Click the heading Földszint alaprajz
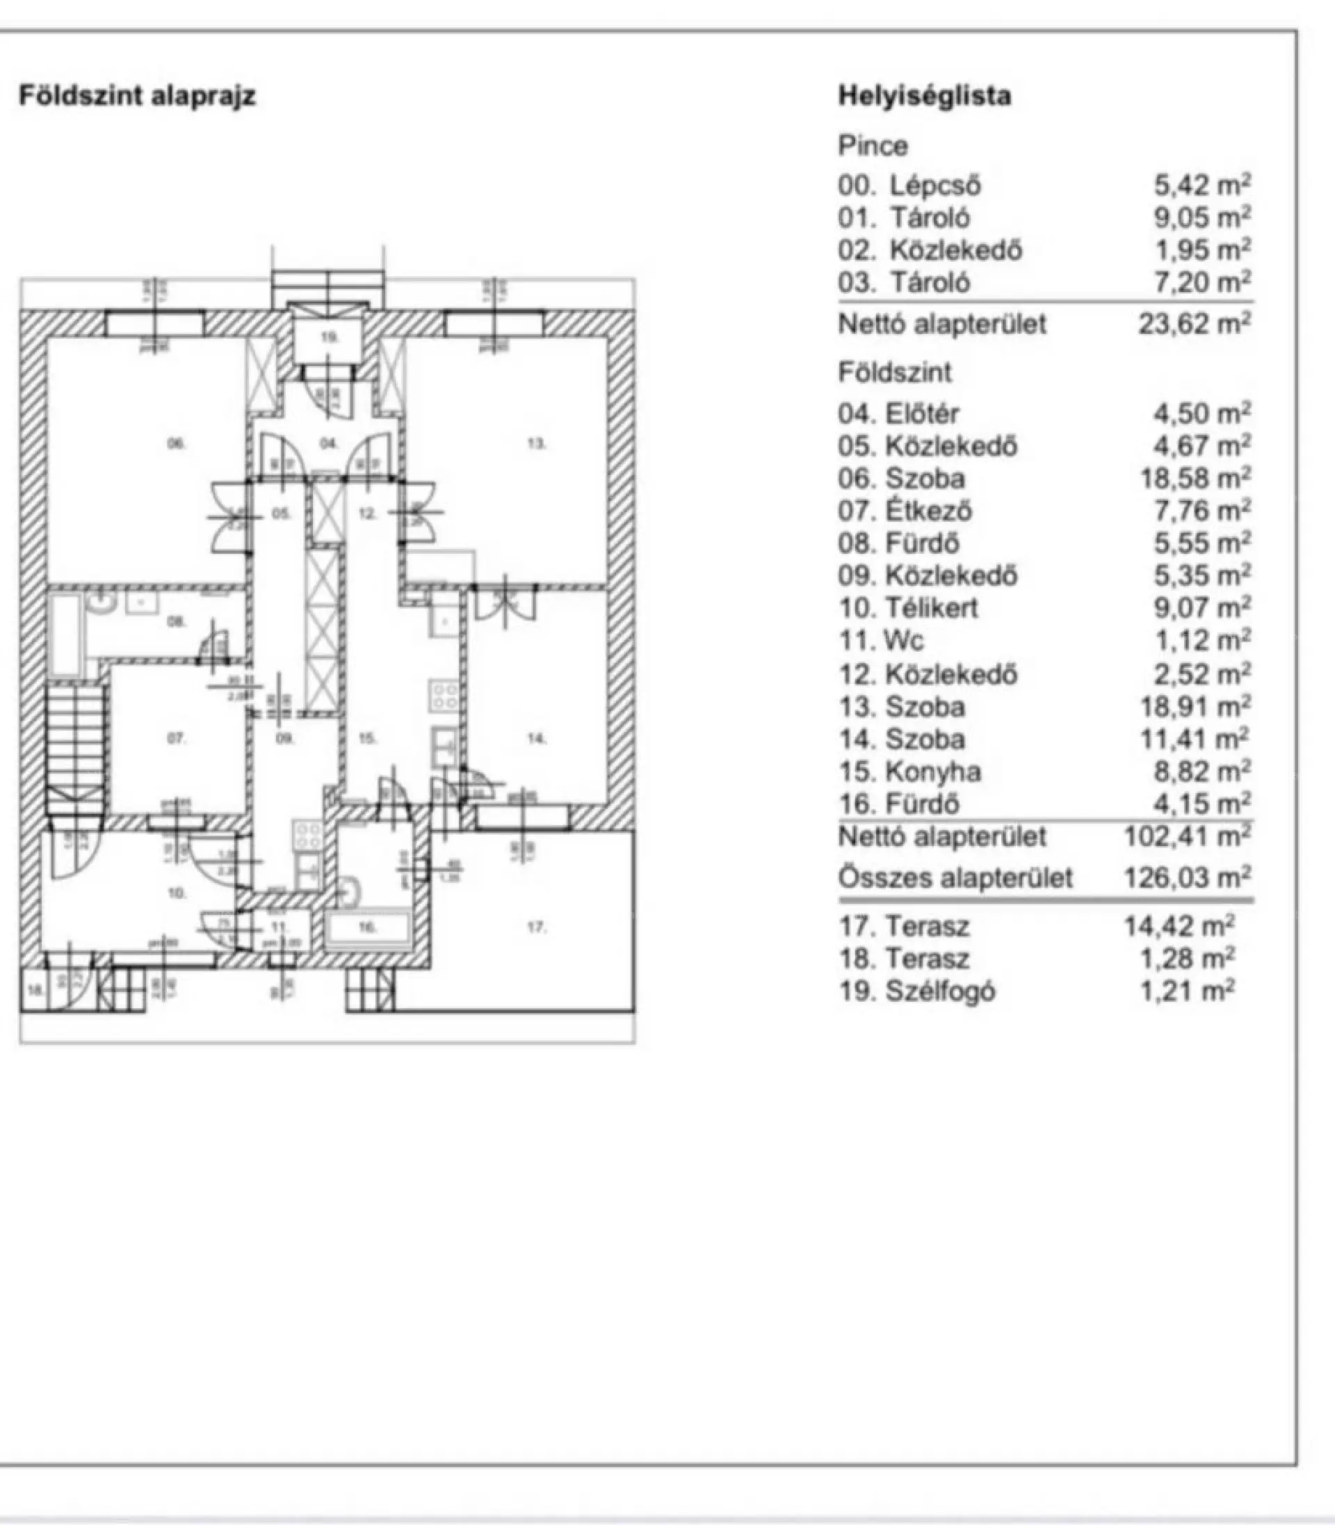[137, 96]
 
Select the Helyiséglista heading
[925, 96]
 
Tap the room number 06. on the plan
[176, 445]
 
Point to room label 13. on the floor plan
[536, 445]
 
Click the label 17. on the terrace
[536, 927]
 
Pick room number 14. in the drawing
[536, 738]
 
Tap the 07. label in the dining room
[176, 738]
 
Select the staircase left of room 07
[74, 745]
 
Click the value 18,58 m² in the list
[1195, 479]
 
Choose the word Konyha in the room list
[932, 772]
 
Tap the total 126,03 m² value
[1188, 877]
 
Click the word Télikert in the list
[931, 608]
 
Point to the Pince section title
[873, 145]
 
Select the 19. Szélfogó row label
[917, 991]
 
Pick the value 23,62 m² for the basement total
[1195, 324]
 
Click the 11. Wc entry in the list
[882, 641]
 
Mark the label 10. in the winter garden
[177, 892]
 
